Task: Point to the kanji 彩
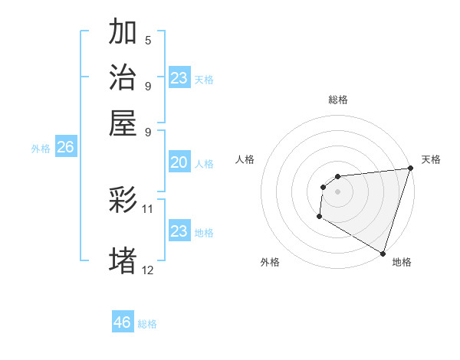123,201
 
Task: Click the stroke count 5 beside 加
148,41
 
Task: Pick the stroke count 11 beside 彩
148,208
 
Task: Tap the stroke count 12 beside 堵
148,270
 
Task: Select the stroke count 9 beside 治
148,85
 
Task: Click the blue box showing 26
65,148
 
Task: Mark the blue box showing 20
179,162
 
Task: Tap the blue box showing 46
123,322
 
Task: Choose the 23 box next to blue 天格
179,78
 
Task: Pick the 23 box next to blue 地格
179,231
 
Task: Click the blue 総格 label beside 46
148,324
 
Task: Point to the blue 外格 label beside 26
41,149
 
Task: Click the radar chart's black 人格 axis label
245,159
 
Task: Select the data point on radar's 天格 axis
409,169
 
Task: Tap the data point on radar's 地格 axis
382,253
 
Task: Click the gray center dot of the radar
337,191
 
